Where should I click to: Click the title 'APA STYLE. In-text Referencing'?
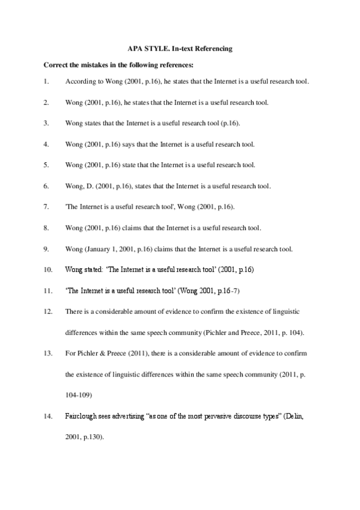pos(180,47)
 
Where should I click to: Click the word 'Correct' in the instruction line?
pos(56,64)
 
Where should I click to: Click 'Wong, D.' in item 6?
pos(78,186)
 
